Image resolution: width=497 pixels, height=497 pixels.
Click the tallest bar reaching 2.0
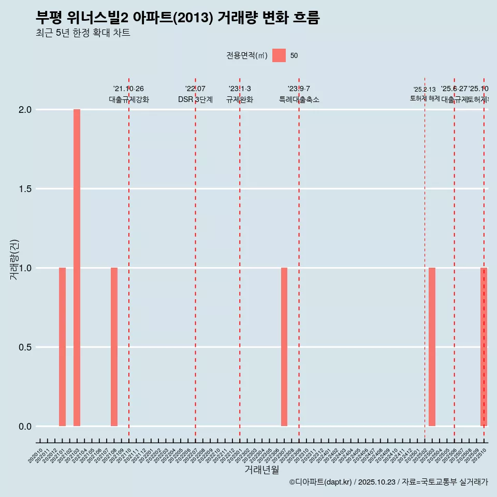tap(77, 267)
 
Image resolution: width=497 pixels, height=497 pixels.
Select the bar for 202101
tap(62, 347)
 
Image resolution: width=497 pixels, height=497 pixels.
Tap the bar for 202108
tap(114, 347)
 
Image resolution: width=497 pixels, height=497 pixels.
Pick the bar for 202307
tap(284, 347)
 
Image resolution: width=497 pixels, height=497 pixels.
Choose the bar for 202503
tap(432, 347)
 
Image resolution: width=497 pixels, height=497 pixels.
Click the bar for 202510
tap(484, 347)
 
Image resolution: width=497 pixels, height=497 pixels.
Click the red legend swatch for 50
tap(279, 55)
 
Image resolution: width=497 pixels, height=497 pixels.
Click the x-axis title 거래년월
tap(261, 470)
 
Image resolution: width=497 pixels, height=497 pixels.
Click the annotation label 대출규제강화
tap(129, 99)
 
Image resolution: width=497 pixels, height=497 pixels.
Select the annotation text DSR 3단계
tap(195, 99)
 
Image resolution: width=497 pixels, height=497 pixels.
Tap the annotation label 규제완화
tap(240, 99)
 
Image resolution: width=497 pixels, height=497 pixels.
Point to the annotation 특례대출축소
tap(299, 99)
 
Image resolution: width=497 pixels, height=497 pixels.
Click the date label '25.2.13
tap(425, 90)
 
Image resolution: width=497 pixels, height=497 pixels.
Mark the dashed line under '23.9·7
tap(299, 207)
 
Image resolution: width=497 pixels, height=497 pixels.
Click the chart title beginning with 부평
tap(178, 18)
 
